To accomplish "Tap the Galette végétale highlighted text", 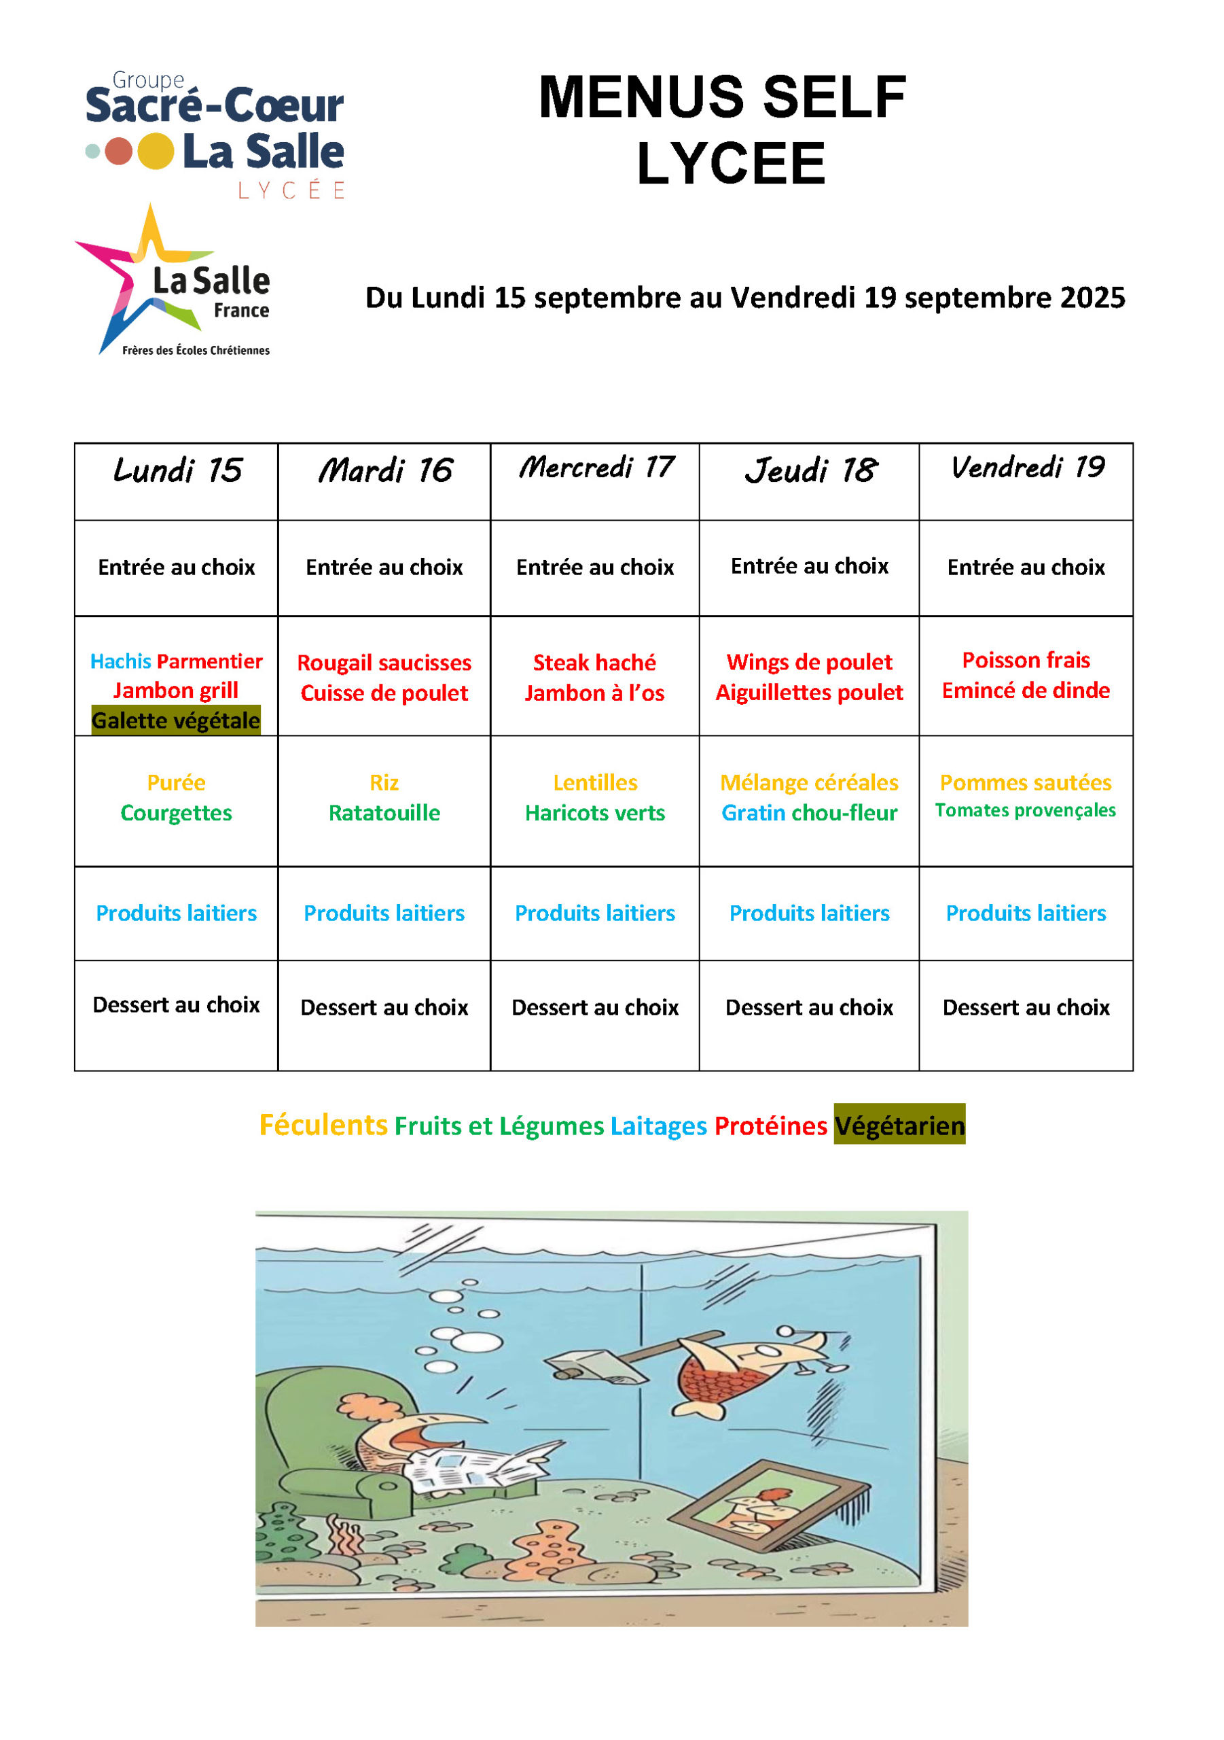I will click(176, 720).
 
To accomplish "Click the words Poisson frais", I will click(1026, 660).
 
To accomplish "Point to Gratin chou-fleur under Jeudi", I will click(809, 812).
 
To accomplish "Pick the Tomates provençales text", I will click(1025, 810).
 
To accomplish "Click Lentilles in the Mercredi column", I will click(594, 782).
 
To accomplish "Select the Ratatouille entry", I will click(384, 812).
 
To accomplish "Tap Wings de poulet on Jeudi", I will click(809, 661).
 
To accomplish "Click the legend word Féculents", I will click(323, 1125).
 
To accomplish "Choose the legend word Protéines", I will click(770, 1126).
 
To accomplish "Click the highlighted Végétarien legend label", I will click(899, 1126).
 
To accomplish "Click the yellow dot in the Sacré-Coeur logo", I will click(156, 152).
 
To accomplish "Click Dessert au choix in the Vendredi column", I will click(1026, 1007).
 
